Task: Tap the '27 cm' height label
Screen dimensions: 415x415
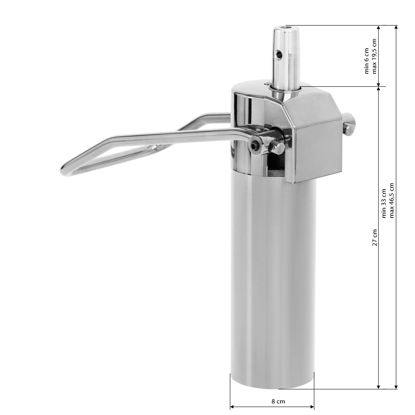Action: pyautogui.click(x=375, y=237)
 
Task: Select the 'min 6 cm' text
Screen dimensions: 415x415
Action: pyautogui.click(x=367, y=61)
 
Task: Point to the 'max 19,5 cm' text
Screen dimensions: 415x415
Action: pyautogui.click(x=374, y=56)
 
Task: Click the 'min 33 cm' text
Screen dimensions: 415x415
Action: pyautogui.click(x=384, y=203)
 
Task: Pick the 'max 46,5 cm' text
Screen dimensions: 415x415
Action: pyautogui.click(x=391, y=200)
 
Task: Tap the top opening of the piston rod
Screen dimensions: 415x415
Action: pyautogui.click(x=287, y=27)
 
